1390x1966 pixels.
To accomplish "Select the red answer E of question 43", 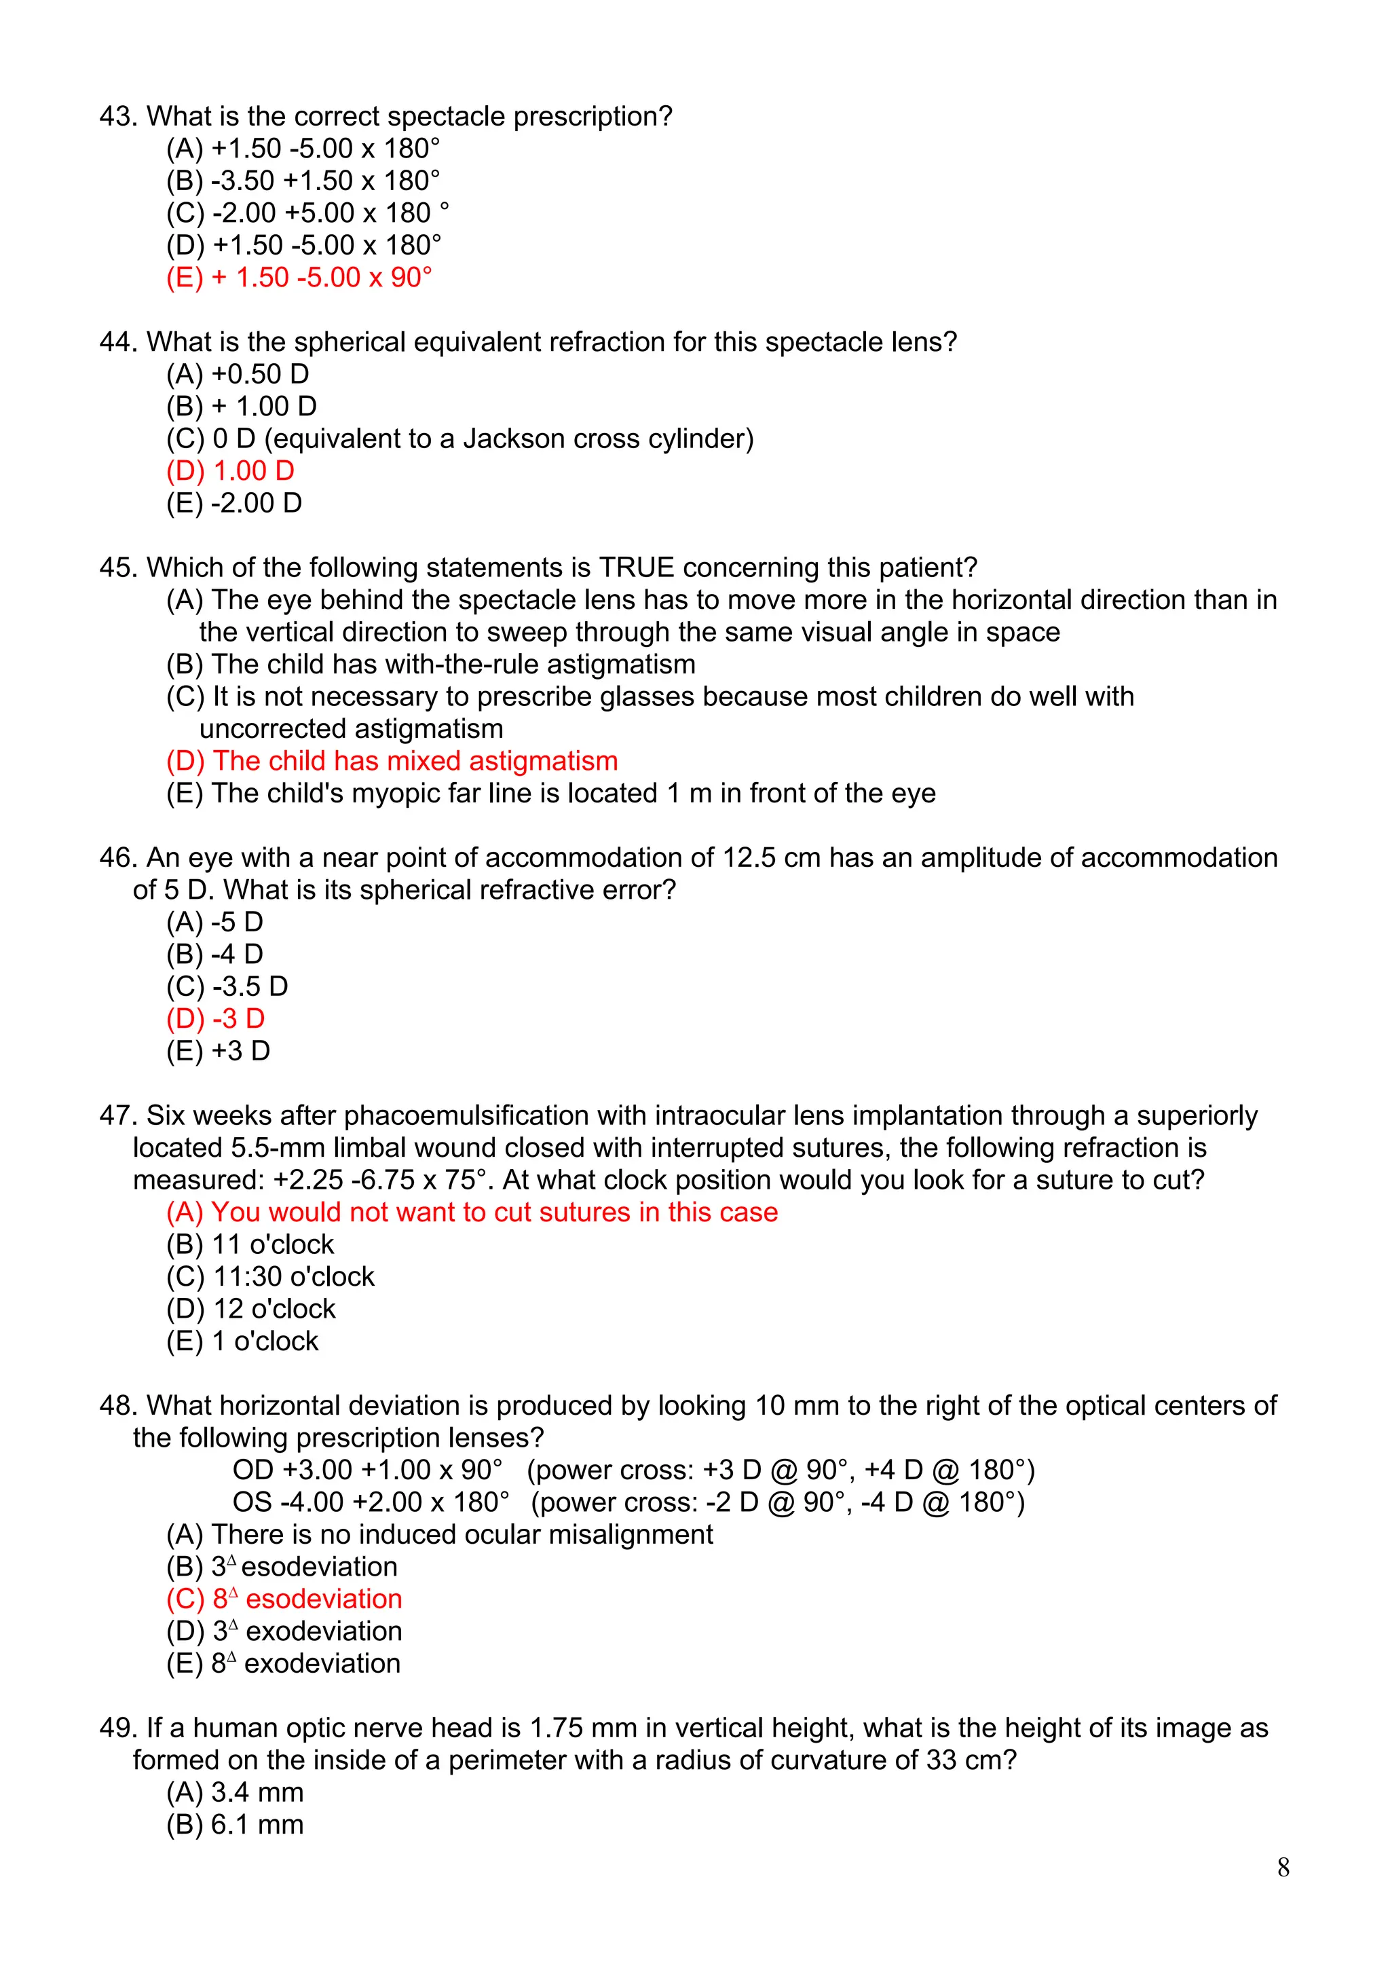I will [299, 278].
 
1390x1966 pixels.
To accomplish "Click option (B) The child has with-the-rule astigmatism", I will [430, 665].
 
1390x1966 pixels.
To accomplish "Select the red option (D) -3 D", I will [216, 1019].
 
